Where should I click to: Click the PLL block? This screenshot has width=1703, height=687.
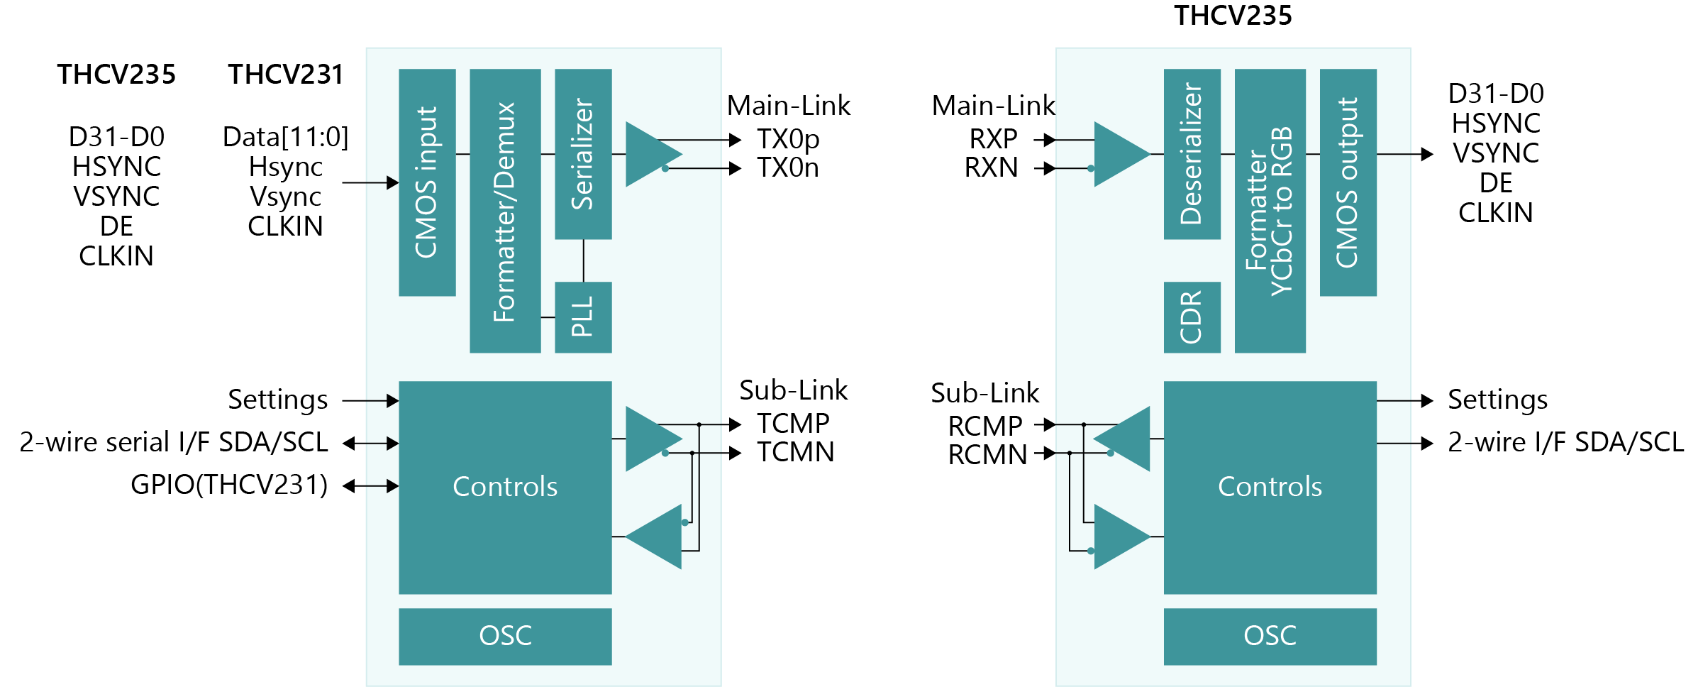pos(583,317)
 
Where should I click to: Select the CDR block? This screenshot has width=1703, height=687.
pos(1192,317)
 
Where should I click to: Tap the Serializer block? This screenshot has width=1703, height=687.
pos(583,154)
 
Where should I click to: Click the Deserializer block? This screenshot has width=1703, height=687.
pos(1192,154)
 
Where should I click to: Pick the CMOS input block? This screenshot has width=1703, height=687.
pos(427,182)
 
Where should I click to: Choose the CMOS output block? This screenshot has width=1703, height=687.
pos(1348,182)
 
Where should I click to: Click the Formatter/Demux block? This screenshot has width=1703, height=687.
pos(505,211)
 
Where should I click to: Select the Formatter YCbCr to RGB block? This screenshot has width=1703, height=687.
pos(1270,211)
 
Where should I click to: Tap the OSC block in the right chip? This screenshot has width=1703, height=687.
pos(1270,636)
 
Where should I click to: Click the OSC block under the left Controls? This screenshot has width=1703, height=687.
pos(505,636)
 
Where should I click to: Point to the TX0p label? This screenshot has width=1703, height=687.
pos(788,139)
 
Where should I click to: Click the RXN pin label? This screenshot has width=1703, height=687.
pos(991,168)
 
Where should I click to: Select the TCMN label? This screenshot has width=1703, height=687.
pos(795,452)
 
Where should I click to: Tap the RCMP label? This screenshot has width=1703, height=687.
pos(985,426)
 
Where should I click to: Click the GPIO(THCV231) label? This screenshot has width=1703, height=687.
pos(229,485)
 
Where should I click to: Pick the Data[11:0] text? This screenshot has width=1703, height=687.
pos(285,137)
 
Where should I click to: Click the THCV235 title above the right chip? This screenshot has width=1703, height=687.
pos(1233,16)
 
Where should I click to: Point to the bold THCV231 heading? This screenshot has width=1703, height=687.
pos(285,75)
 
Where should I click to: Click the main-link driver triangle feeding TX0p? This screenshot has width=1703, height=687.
pos(649,154)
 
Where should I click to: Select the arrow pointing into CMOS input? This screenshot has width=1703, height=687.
pos(372,182)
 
